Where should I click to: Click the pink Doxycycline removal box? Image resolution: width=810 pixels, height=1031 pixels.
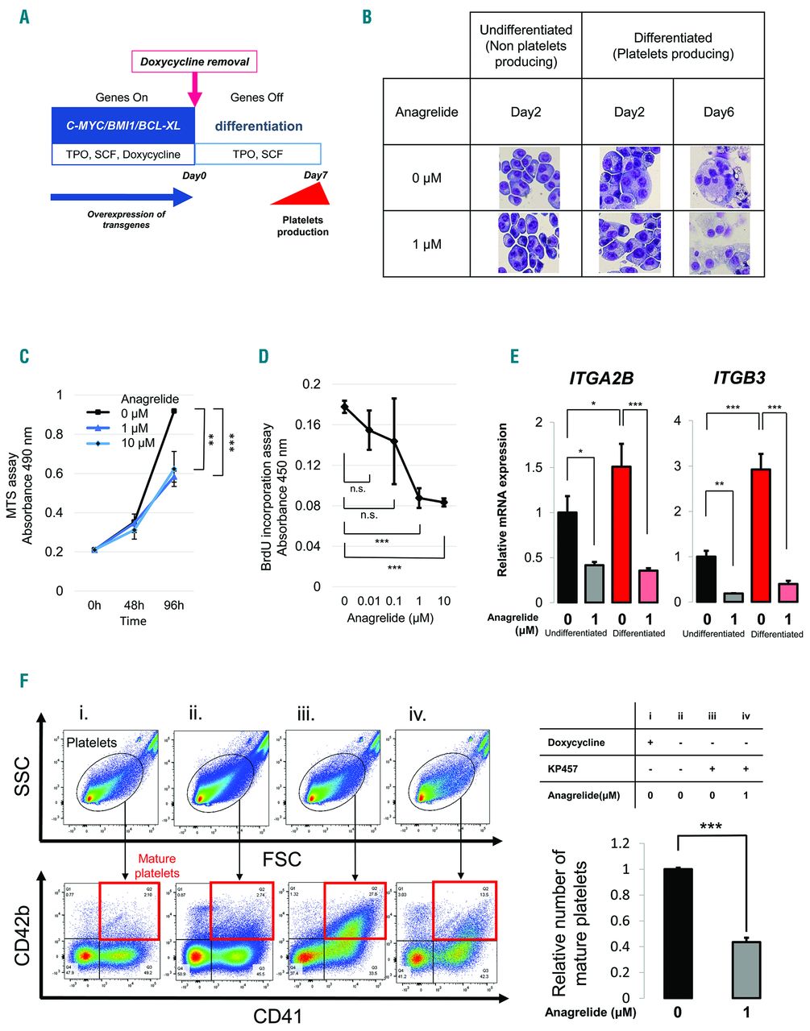[194, 61]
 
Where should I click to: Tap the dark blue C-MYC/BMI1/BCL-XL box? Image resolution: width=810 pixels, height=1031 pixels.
[123, 126]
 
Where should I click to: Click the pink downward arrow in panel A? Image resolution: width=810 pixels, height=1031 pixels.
[194, 89]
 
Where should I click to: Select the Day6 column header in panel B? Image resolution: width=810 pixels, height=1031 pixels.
[718, 112]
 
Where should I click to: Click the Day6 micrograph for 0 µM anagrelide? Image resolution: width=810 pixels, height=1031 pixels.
[719, 178]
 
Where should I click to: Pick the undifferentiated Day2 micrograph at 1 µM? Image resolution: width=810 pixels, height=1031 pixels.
[525, 243]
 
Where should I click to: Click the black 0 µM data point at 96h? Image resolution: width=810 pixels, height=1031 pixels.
[174, 411]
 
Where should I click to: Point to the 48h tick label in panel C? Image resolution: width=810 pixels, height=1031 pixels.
[134, 605]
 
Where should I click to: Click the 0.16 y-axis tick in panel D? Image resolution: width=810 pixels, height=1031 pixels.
[310, 424]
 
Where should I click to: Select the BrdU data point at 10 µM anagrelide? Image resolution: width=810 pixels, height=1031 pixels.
[444, 502]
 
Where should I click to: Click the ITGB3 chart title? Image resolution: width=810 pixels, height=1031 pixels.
[738, 377]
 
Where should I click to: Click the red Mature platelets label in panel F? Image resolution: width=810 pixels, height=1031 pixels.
[156, 866]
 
